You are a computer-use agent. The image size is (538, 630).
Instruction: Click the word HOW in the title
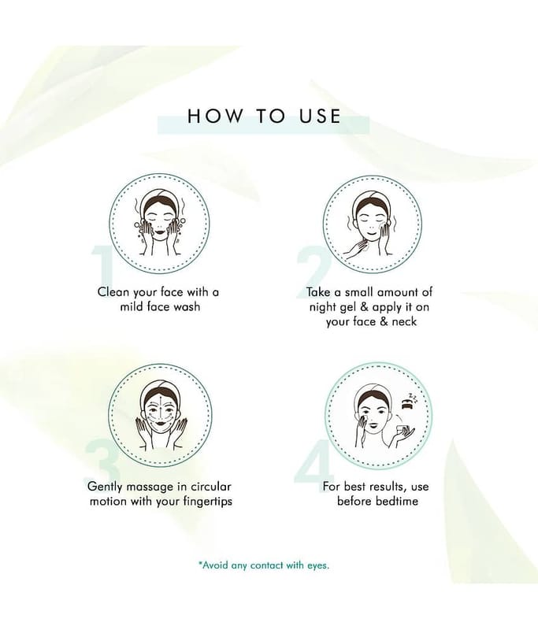tap(215, 116)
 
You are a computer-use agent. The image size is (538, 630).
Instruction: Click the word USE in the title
tap(319, 116)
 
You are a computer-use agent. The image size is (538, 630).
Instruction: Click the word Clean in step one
tap(113, 291)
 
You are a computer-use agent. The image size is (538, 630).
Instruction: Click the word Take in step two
tap(318, 291)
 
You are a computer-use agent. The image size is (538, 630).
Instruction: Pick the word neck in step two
tap(404, 321)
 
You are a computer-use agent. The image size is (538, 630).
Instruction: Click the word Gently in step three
tap(106, 487)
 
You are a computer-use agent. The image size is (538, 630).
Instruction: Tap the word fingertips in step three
tap(207, 502)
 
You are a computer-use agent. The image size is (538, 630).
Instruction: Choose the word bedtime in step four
tap(397, 501)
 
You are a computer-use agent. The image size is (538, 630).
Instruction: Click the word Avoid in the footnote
tap(214, 565)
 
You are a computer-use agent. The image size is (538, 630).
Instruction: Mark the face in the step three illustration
tap(161, 414)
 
